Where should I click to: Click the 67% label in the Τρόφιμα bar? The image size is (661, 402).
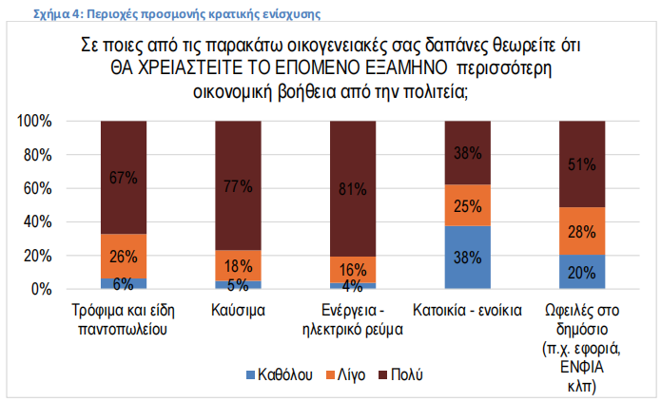124,178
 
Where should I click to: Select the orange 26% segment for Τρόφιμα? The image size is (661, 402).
124,257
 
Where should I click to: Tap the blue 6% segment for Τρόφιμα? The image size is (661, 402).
124,283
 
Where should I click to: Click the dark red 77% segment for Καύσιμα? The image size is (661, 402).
238,186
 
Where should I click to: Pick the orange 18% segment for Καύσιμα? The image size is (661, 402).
238,265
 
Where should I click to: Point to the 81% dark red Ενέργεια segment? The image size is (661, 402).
353,189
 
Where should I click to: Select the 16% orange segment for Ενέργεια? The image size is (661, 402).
353,269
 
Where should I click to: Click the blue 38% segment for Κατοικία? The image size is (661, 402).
468,257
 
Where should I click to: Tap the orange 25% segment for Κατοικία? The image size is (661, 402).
468,204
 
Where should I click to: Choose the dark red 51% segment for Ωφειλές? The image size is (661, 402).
582,163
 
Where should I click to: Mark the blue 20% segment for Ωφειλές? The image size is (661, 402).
582,272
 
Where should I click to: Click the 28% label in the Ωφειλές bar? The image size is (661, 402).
582,231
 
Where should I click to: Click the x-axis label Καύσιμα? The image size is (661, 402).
238,311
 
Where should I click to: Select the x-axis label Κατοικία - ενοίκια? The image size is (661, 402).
468,311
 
